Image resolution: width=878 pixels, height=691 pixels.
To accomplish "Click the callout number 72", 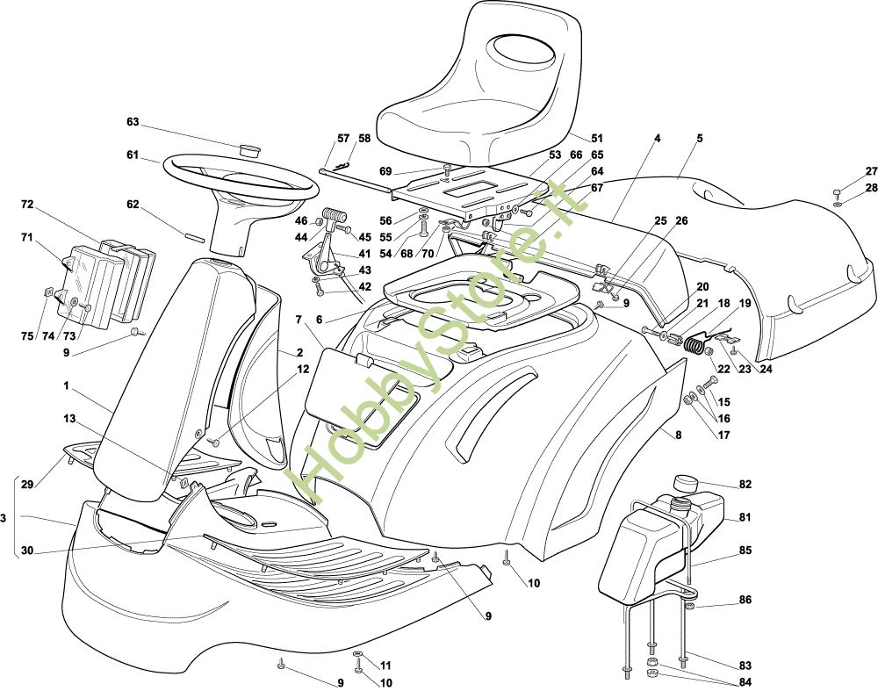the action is coord(27,205).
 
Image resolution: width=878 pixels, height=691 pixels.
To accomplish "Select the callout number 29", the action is coord(27,485).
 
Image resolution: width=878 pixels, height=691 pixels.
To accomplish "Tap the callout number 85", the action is coord(745,551).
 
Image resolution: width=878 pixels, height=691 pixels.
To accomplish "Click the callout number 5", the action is coord(700,139).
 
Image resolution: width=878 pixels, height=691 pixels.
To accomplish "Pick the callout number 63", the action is coord(133,121).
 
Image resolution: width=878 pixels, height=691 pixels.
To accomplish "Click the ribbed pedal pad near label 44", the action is coord(335,216).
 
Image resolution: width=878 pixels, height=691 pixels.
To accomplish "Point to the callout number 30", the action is coord(27,551).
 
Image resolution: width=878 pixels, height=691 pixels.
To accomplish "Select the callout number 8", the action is coord(678,435).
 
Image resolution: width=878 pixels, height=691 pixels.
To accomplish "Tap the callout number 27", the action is coord(871,171).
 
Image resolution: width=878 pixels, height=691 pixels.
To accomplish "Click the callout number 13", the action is coord(69,418).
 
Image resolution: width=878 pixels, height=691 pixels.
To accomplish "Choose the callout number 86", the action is coord(745,600).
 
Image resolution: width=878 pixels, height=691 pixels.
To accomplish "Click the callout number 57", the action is coord(343,138).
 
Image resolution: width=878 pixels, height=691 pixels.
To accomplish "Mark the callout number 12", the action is coord(302,370).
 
